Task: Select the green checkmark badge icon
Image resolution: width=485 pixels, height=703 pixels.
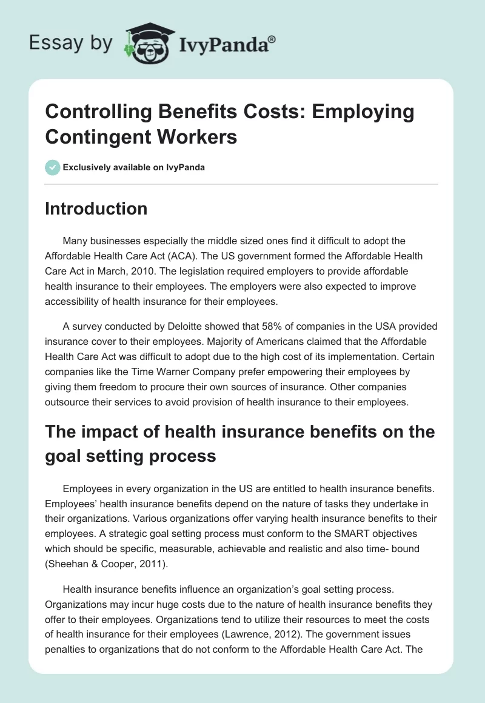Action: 53,167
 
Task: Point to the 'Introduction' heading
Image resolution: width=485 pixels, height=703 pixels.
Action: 96,208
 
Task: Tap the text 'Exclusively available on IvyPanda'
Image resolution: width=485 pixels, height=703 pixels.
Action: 134,167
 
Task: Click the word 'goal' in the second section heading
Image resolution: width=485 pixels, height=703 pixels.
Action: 65,455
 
